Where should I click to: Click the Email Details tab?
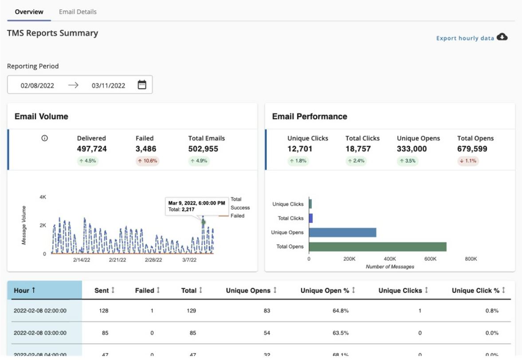point(78,12)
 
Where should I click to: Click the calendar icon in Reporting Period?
point(142,85)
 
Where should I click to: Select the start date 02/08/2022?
point(37,86)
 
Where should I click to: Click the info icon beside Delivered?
point(44,138)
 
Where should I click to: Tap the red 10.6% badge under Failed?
point(147,161)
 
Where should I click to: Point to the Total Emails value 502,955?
point(203,149)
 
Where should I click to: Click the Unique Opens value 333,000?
point(412,149)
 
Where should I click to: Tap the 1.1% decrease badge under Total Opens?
point(468,161)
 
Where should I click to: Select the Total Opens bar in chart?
point(377,247)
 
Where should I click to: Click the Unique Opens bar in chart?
point(342,232)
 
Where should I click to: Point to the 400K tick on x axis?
point(390,259)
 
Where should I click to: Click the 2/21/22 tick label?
point(118,260)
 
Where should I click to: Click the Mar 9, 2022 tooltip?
point(196,206)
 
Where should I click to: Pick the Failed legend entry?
point(237,216)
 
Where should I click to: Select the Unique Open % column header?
point(328,290)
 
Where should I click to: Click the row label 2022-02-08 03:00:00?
point(40,333)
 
